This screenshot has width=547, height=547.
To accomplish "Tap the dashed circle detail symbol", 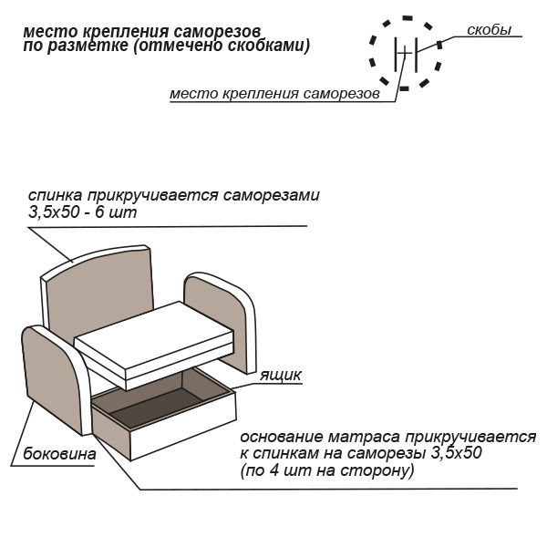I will [406, 53].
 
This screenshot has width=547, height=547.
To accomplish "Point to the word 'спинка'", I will [55, 196].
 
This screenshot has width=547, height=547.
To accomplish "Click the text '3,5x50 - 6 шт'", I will [83, 213].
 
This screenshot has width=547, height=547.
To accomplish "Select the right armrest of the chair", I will [219, 319].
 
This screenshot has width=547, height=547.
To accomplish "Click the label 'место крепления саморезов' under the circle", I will [273, 94].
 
